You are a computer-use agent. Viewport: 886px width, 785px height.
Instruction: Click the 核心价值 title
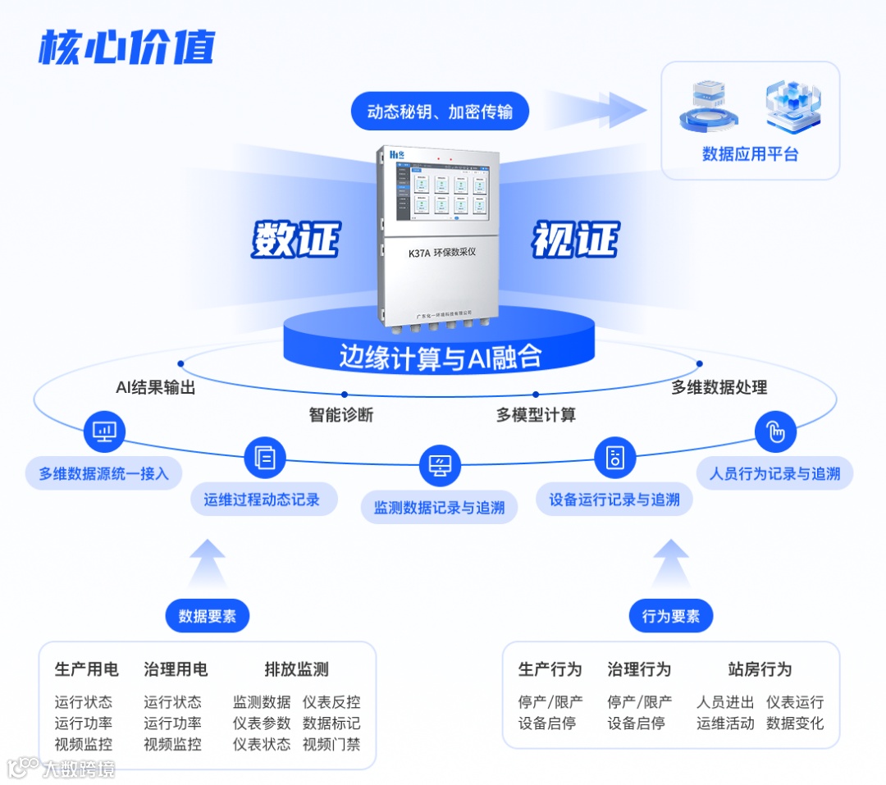click(126, 47)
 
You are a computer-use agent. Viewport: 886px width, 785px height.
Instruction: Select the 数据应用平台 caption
click(750, 154)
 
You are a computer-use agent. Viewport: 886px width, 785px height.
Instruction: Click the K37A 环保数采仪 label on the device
click(441, 253)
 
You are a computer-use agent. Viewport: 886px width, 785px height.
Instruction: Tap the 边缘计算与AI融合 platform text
click(441, 357)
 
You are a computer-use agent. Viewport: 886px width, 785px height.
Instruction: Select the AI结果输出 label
click(156, 388)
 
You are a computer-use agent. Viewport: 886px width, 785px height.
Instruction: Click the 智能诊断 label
click(341, 415)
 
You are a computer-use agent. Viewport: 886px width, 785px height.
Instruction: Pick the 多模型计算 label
click(536, 415)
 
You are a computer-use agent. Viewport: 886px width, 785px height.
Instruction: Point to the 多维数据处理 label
click(719, 388)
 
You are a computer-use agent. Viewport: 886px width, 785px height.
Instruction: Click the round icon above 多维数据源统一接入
click(105, 431)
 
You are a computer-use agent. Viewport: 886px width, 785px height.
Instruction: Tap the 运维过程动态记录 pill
click(262, 499)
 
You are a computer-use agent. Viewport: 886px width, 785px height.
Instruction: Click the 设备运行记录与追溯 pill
click(614, 499)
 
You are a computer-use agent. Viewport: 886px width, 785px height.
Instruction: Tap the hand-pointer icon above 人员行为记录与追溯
click(775, 431)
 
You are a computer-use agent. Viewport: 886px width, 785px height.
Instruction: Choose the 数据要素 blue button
click(207, 616)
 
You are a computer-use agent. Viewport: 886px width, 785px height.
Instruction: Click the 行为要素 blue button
click(671, 616)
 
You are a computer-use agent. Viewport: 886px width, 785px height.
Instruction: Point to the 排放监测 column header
click(296, 669)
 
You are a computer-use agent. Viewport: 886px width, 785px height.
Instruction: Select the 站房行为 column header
click(760, 669)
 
